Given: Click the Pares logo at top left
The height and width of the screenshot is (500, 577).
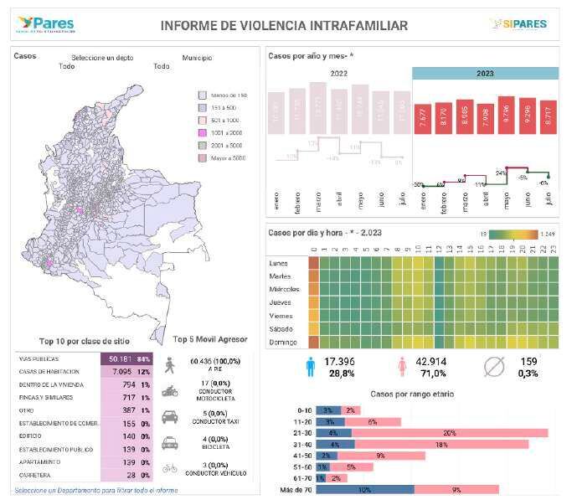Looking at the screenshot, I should click(x=44, y=24).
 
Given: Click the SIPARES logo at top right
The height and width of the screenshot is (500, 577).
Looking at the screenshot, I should click(x=518, y=24).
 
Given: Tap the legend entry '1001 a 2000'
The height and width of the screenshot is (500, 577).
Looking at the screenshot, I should click(x=202, y=133).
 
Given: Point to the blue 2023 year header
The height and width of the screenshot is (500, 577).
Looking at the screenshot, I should click(x=485, y=74).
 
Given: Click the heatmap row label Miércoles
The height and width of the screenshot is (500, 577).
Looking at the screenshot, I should click(x=284, y=289).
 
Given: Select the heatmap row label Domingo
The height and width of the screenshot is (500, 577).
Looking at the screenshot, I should click(x=283, y=342).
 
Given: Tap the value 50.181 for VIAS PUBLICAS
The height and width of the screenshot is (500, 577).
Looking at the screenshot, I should click(x=123, y=358).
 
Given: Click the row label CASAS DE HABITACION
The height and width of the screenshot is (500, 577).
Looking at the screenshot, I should click(x=49, y=371).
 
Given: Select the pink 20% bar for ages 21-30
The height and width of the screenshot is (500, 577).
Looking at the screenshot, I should click(x=451, y=433).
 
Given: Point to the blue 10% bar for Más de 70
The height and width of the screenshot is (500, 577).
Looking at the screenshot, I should click(x=364, y=489).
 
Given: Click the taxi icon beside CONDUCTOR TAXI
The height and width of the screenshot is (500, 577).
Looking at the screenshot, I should click(x=169, y=416).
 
